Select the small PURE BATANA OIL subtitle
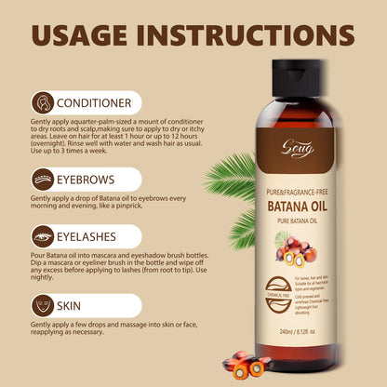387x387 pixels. (305, 221)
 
